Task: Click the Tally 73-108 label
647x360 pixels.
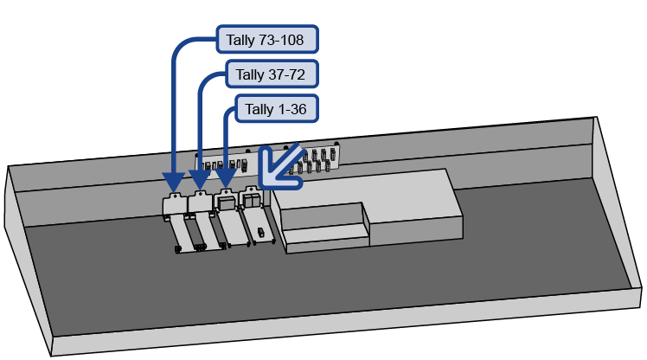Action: [266, 39]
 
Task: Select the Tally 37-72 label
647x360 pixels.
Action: [271, 74]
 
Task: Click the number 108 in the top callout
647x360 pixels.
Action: [293, 39]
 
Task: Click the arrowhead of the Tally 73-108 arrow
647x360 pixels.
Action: [173, 183]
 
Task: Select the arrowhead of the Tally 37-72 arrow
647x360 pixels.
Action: [200, 183]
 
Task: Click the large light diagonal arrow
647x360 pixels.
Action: [281, 164]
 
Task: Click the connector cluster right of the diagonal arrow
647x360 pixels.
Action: [316, 160]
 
